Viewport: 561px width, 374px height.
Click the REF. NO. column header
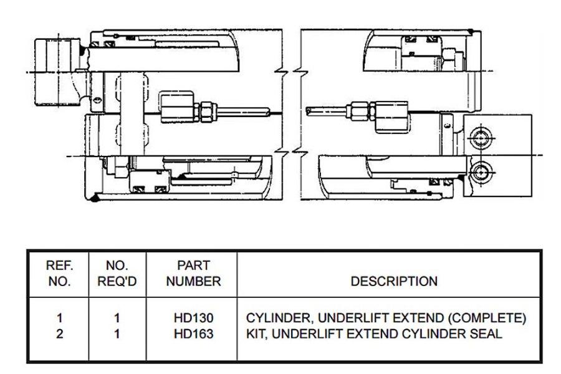[x=60, y=273]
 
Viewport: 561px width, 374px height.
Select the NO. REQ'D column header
[x=117, y=273]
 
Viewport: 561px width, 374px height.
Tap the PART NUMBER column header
[x=193, y=273]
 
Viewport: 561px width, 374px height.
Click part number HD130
[x=193, y=319]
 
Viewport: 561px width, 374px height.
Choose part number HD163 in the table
[x=193, y=333]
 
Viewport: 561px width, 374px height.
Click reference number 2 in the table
[x=60, y=333]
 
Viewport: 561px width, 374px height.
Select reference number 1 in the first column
[x=60, y=319]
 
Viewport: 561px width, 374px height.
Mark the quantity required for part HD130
[x=117, y=319]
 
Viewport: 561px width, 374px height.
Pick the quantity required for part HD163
[x=117, y=333]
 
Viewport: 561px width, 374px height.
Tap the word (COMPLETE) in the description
[x=490, y=319]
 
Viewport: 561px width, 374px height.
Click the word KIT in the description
[x=257, y=333]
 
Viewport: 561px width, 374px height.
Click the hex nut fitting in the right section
[x=360, y=111]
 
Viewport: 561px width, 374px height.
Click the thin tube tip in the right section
[x=310, y=111]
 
